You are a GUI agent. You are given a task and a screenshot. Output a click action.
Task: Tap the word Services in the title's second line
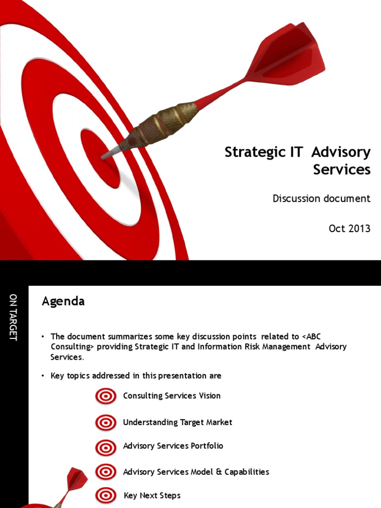342,170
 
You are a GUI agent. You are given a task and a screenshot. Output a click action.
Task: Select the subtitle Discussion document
321,198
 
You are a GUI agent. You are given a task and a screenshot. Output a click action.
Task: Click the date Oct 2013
349,228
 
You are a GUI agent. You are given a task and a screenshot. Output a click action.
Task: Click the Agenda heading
63,301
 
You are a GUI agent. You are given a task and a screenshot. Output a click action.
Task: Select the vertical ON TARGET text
13,317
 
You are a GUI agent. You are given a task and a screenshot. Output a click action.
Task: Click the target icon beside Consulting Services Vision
106,396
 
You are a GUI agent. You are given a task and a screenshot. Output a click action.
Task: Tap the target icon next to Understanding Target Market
106,423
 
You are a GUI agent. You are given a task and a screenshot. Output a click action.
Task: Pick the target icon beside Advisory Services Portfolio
106,447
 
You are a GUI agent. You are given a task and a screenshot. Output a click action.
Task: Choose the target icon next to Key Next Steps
106,495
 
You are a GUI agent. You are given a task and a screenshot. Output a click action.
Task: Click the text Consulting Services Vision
172,396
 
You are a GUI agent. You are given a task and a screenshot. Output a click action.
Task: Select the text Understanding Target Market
178,422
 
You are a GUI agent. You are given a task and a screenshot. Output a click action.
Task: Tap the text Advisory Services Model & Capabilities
196,472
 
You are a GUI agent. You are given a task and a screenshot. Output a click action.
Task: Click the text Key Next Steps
152,495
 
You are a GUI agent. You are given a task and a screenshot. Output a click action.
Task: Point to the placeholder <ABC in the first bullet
315,336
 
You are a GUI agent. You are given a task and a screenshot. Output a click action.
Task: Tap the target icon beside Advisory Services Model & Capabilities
106,472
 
